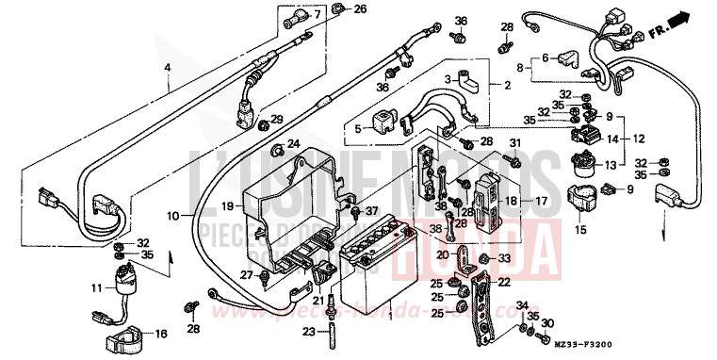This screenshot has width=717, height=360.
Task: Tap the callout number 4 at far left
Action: (x=168, y=67)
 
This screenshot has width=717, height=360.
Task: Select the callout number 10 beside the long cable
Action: (x=173, y=216)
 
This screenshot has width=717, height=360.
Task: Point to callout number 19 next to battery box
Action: (x=227, y=205)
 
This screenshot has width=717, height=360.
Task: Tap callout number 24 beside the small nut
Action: (x=293, y=144)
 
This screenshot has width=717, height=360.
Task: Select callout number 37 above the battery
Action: (x=371, y=210)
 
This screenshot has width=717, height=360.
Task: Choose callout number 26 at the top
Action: (x=334, y=9)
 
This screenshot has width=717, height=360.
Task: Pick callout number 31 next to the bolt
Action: (x=514, y=143)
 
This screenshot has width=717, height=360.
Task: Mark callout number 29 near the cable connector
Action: (x=277, y=119)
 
